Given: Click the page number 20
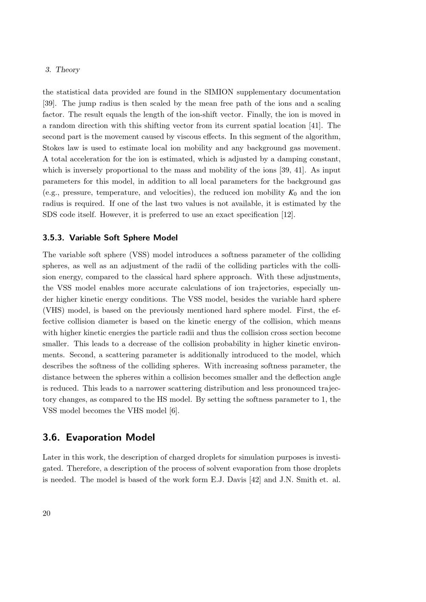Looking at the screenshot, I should click(46, 513).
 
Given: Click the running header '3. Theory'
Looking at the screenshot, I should click(62, 70).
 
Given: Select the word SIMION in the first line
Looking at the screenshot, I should click(219, 92).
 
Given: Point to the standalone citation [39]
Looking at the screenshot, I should click(49, 103).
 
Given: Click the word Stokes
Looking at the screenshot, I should click(54, 148).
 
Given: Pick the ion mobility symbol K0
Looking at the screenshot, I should click(292, 193).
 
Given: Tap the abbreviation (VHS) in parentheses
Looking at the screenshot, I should click(53, 311).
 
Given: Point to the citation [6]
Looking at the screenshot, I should click(174, 411).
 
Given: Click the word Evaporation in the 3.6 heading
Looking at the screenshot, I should click(94, 438).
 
